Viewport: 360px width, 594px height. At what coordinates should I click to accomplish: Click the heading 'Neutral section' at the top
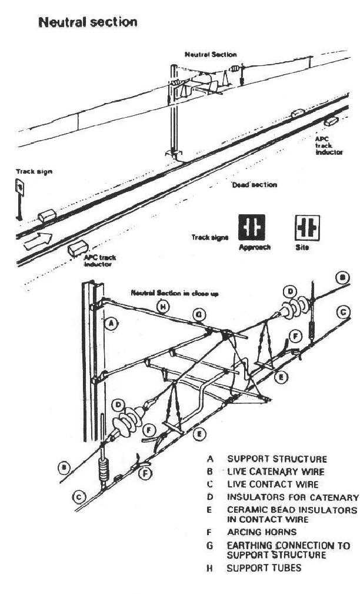(x=88, y=22)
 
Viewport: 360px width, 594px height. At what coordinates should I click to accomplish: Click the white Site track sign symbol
(x=306, y=228)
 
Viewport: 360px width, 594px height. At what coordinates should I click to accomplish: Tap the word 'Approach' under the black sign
(x=255, y=248)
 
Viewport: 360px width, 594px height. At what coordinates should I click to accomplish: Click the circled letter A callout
(x=109, y=322)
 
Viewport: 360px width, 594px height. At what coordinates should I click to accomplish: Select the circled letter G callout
(x=200, y=316)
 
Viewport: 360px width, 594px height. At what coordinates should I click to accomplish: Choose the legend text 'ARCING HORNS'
(x=256, y=533)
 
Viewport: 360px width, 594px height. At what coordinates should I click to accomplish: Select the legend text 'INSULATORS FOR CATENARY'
(x=292, y=497)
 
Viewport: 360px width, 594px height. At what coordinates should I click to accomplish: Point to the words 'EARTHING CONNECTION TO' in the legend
(x=288, y=545)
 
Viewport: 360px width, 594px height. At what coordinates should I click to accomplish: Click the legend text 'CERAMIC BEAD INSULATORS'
(x=292, y=509)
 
